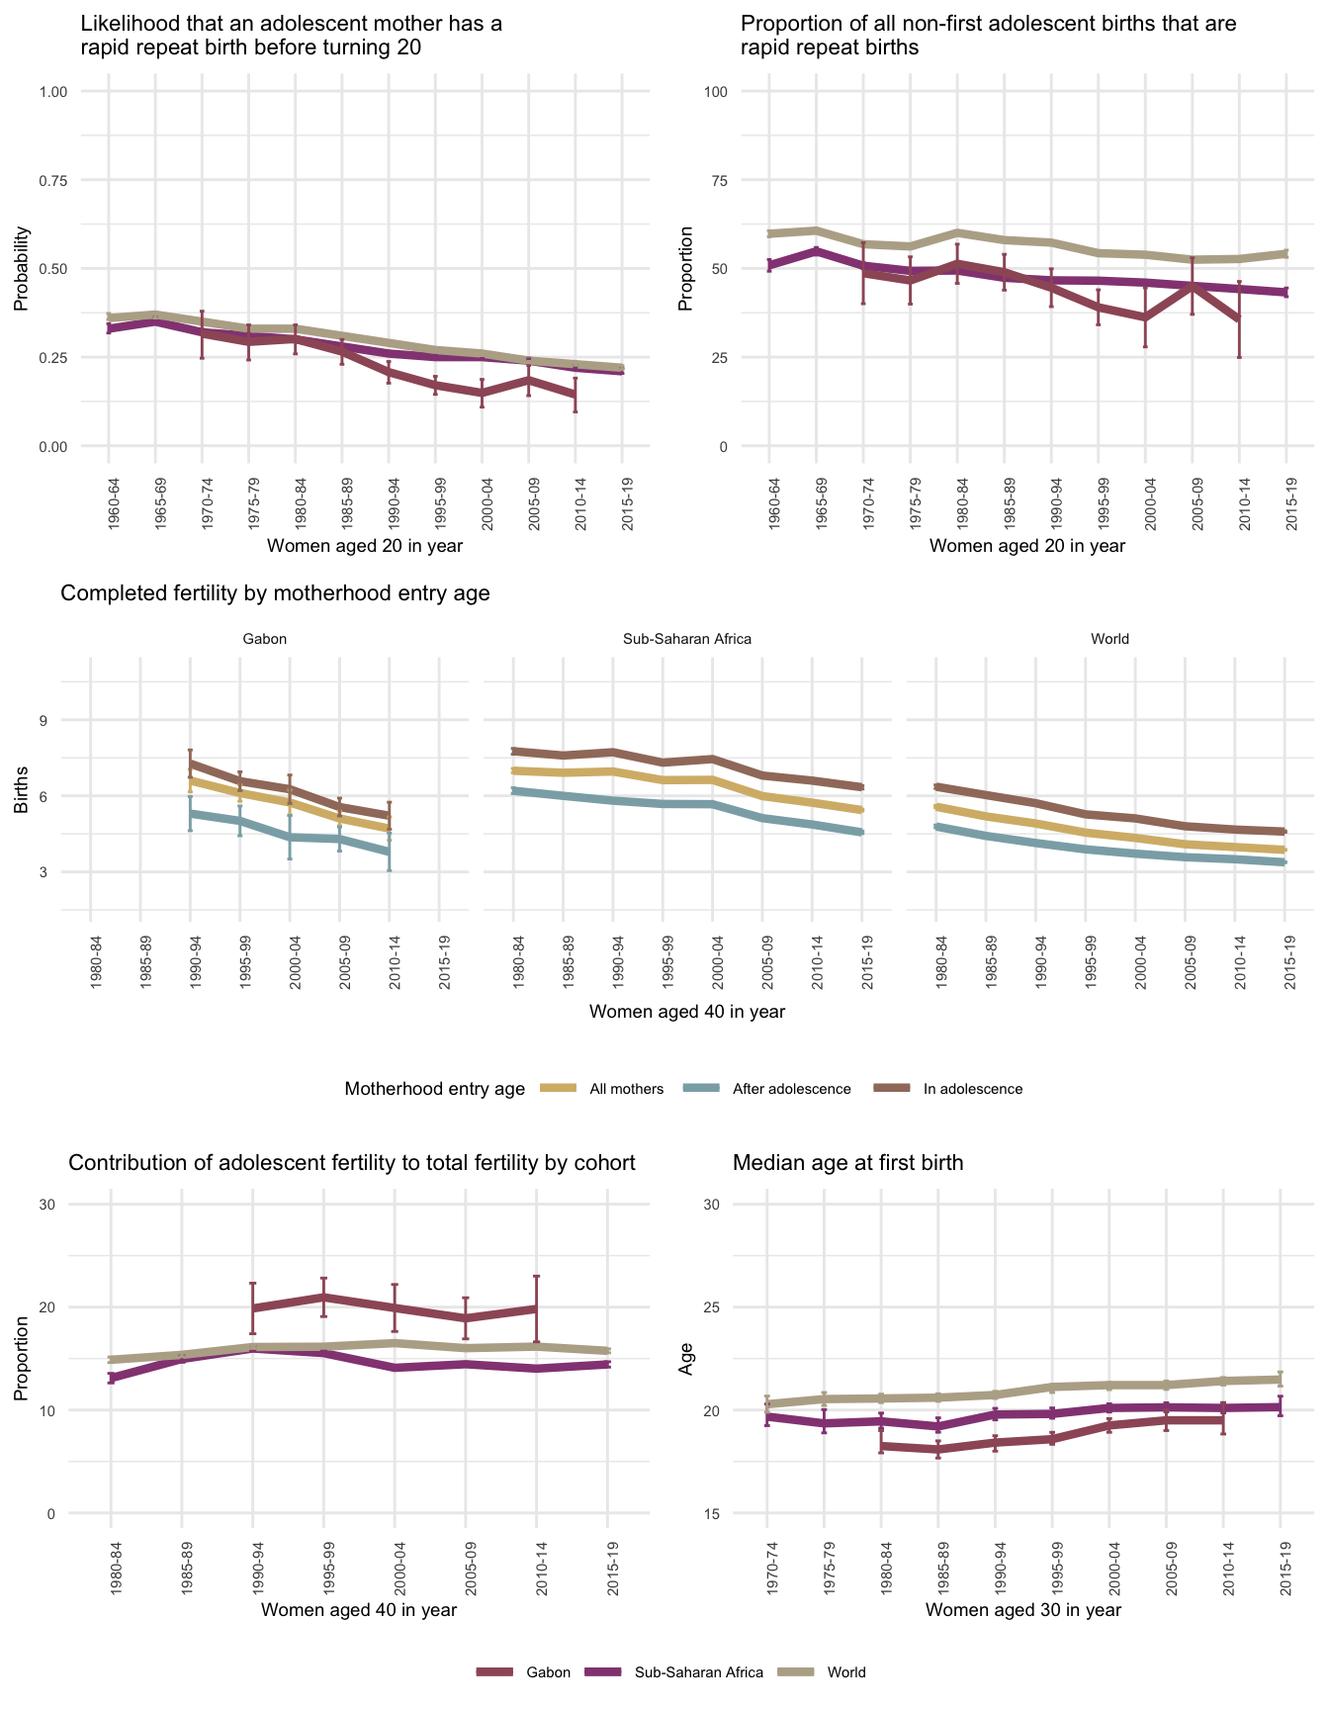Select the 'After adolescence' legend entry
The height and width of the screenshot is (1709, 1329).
tap(791, 1089)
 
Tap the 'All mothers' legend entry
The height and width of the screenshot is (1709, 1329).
tap(626, 1089)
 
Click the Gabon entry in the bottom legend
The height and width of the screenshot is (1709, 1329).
tap(548, 1672)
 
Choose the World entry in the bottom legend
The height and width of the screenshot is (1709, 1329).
tap(846, 1672)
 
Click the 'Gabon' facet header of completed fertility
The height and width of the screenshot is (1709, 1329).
tap(264, 639)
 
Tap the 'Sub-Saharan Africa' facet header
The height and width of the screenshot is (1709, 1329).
tap(687, 639)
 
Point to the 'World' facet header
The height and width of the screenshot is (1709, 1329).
tap(1109, 639)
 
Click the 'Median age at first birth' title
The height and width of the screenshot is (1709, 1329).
tap(847, 1163)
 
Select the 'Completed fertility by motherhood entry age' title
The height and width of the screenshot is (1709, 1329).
tap(275, 593)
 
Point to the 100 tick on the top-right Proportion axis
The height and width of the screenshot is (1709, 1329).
tap(716, 92)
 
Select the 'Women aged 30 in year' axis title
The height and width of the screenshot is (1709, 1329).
tap(1023, 1610)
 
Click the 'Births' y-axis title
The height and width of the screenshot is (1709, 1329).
tap(22, 796)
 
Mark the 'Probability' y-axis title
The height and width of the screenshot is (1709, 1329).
tap(22, 269)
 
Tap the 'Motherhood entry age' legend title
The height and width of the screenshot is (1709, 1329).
tap(435, 1089)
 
